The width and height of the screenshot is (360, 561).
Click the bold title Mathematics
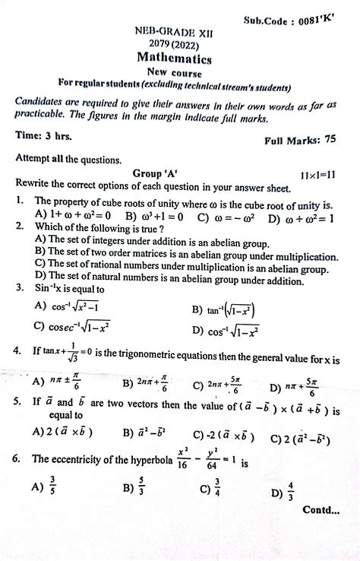(174, 58)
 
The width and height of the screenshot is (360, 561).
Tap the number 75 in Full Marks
(330, 140)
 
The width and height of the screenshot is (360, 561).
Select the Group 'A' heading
(155, 173)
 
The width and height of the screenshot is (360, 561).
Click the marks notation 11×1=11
(318, 175)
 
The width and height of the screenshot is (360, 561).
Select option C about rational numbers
(174, 263)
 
